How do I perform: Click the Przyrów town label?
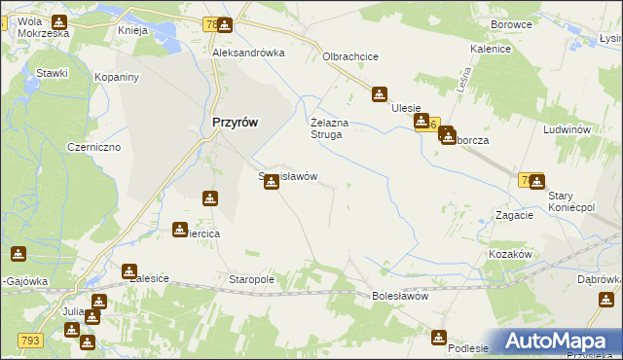[x=235, y=123]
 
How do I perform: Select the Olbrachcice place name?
[x=350, y=56]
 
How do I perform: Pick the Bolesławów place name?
[x=400, y=296]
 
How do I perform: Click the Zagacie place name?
[x=513, y=215]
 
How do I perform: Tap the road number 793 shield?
[x=29, y=340]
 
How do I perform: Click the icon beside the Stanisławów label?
[x=272, y=180]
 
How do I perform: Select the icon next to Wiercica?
[x=180, y=230]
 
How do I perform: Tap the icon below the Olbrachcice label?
[x=379, y=95]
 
